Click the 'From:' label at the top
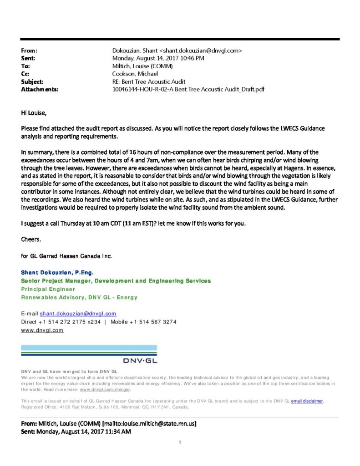tap(30, 51)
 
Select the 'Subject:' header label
tap(32, 82)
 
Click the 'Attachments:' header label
tap(40, 90)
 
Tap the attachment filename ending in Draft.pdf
tap(188, 90)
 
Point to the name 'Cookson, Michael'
tap(135, 74)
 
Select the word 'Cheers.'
tap(30, 239)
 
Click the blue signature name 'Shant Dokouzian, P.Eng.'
tap(57, 273)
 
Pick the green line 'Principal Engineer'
tap(48, 289)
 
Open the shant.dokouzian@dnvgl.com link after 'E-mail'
tap(78, 314)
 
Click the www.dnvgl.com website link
tap(42, 330)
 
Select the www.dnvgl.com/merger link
tap(105, 390)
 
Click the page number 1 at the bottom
tap(180, 442)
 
